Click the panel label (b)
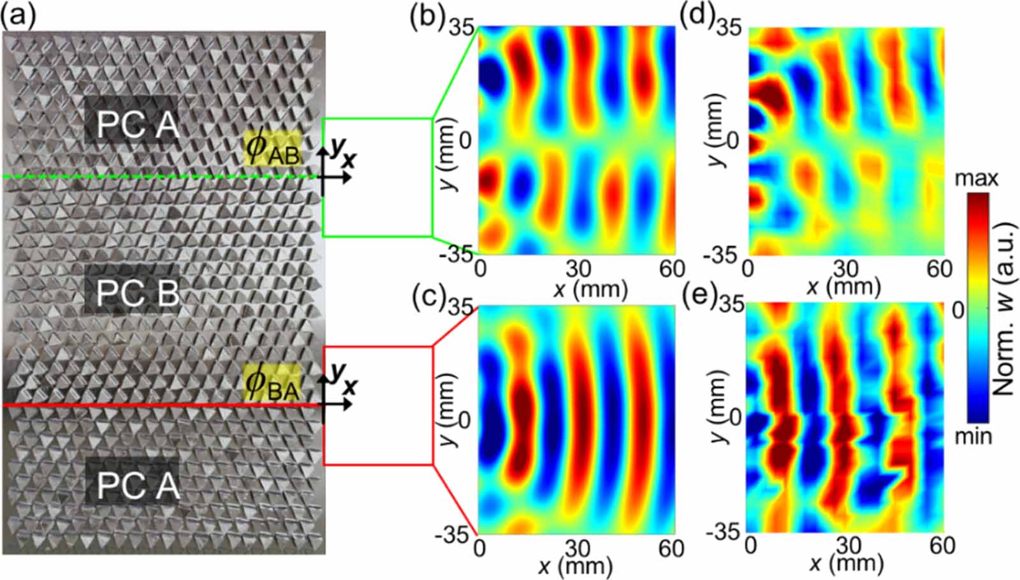tap(427, 19)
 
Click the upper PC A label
tap(138, 124)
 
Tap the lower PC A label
tap(138, 486)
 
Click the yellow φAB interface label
tap(273, 148)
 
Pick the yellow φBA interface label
tap(272, 383)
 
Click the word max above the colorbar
tap(976, 179)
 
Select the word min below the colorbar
tap(973, 436)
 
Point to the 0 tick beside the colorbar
tap(959, 311)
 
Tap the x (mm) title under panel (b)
tap(590, 288)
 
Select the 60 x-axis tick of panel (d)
tap(940, 269)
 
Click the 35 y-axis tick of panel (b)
tap(462, 28)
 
